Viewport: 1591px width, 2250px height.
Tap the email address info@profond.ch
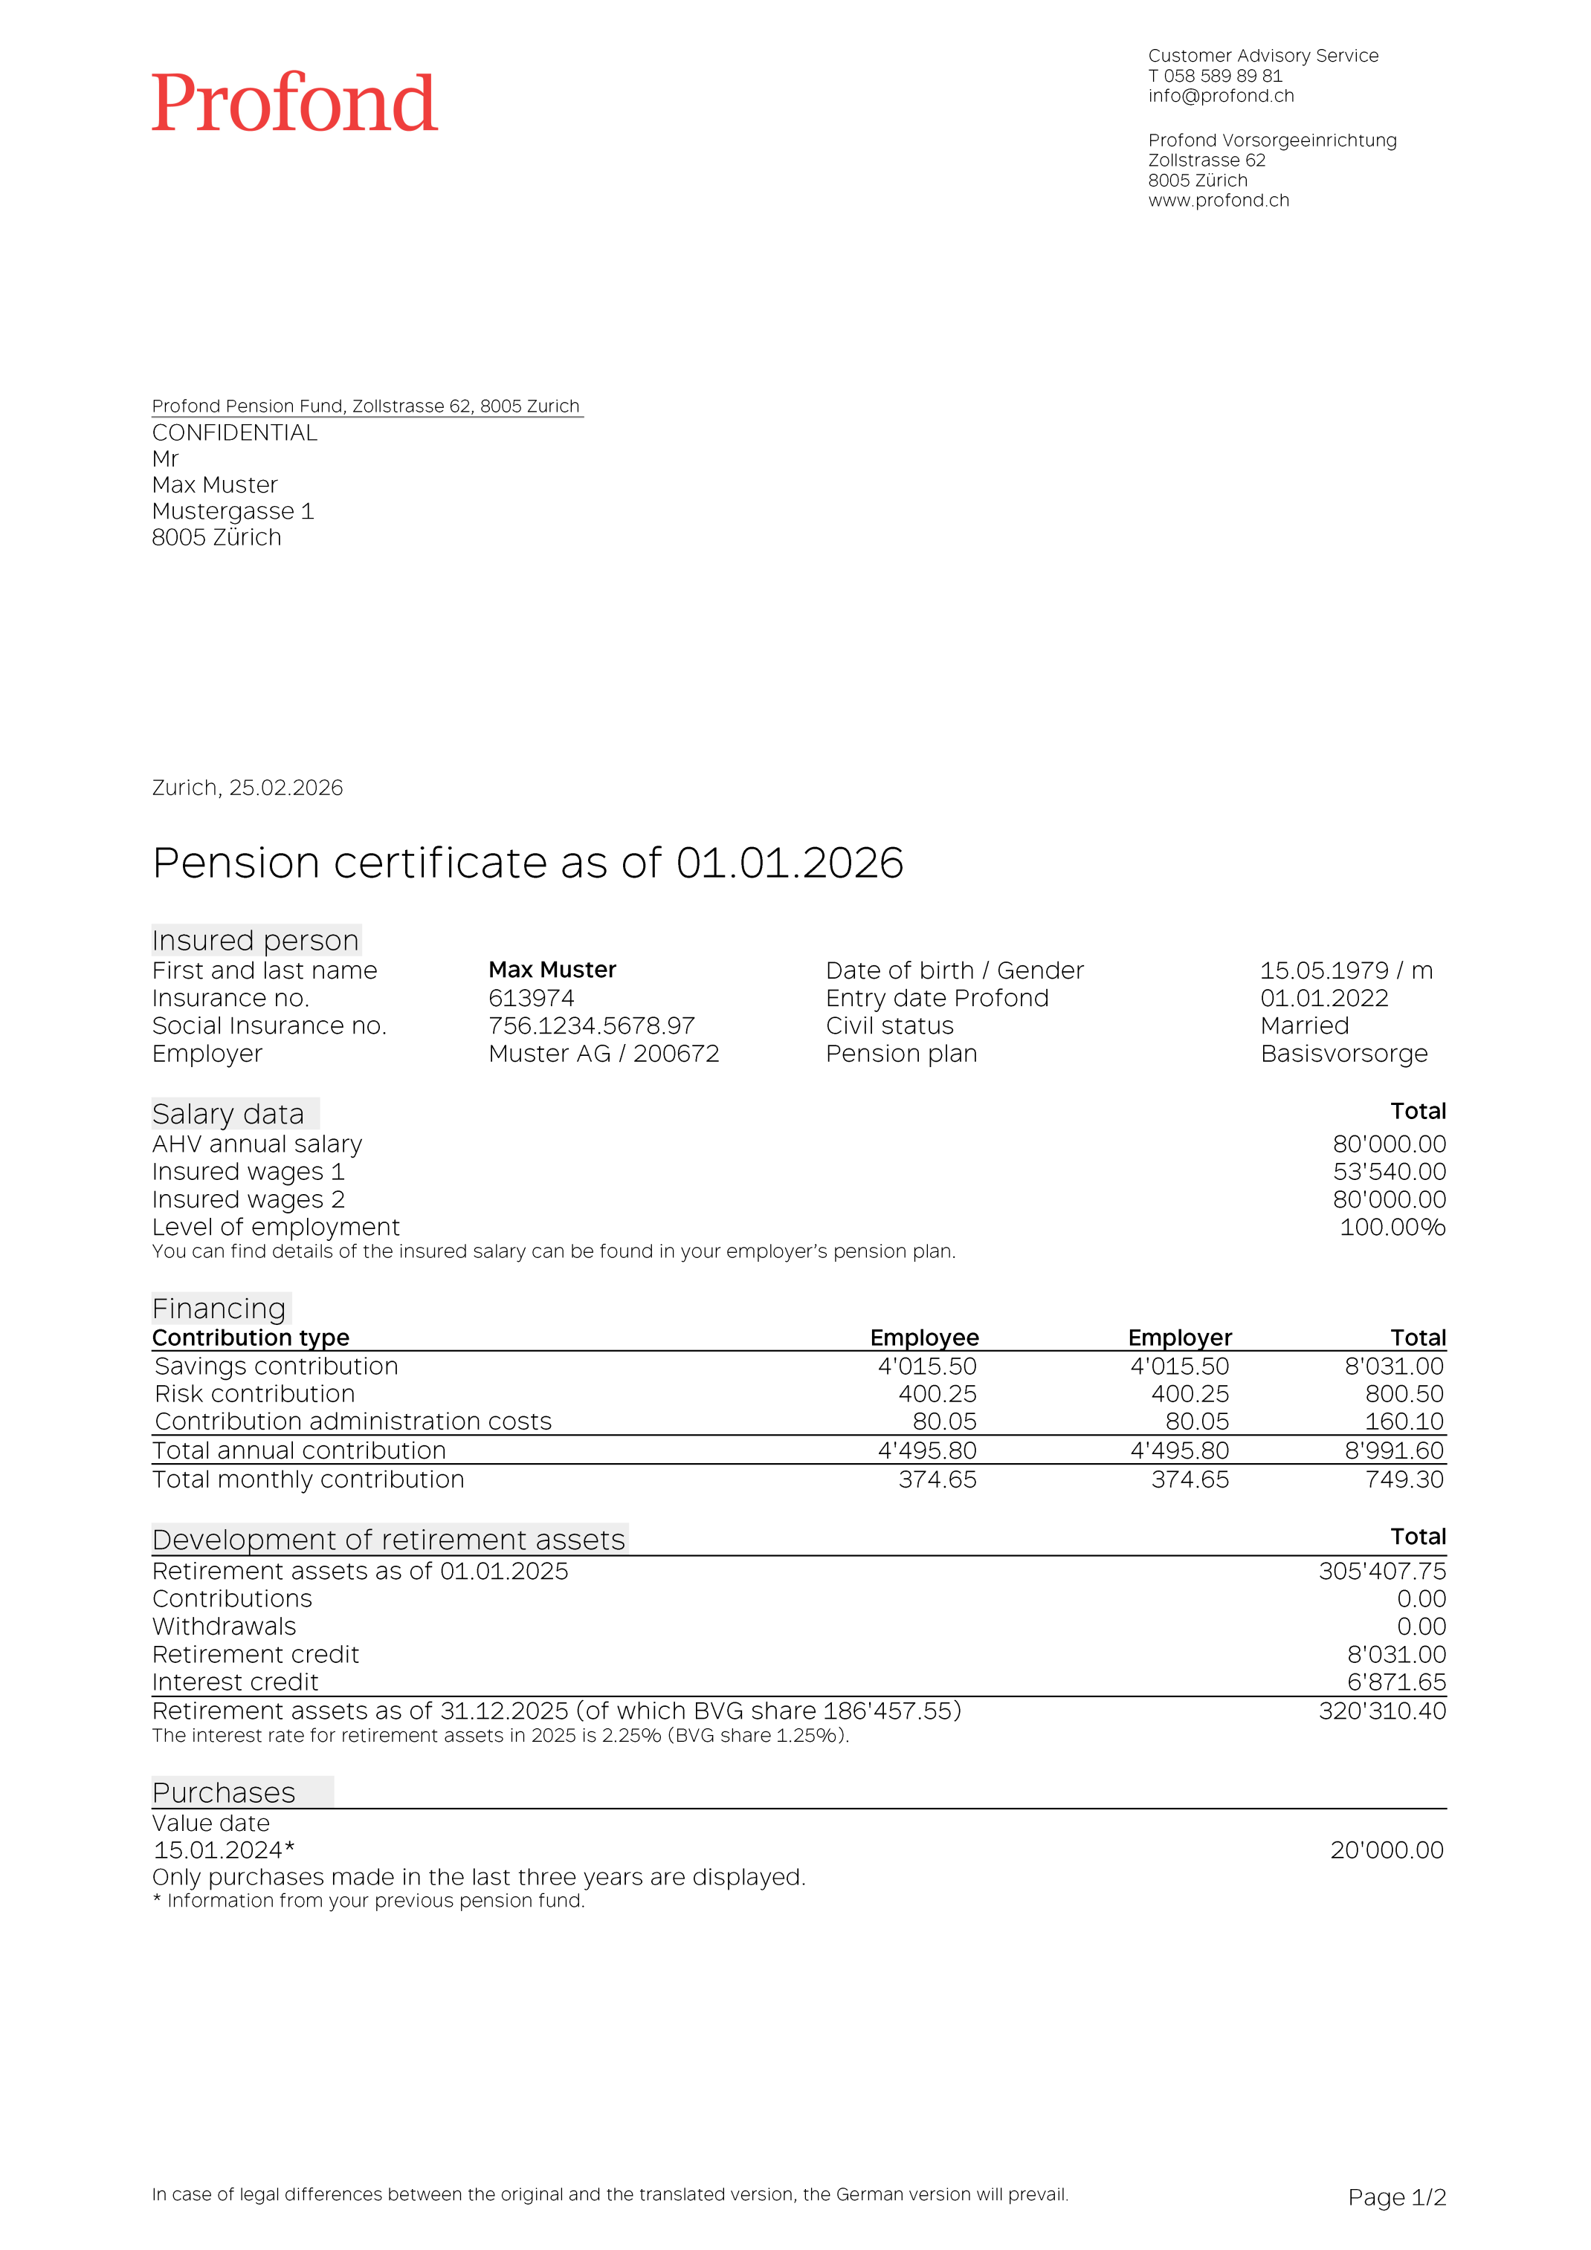pos(1221,96)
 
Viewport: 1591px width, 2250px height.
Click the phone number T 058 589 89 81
pos(1215,76)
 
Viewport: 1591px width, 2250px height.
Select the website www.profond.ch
pos(1219,200)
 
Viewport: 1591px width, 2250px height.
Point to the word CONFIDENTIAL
pos(234,433)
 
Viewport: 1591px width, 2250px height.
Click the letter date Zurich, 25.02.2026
pos(247,788)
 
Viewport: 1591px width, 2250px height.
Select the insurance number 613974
pos(532,998)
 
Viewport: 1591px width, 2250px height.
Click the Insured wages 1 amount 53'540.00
pos(1388,1171)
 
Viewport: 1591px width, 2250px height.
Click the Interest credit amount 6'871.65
pos(1396,1682)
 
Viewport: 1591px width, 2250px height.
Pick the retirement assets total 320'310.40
pos(1381,1711)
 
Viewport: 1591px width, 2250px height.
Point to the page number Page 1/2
pos(1396,2198)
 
